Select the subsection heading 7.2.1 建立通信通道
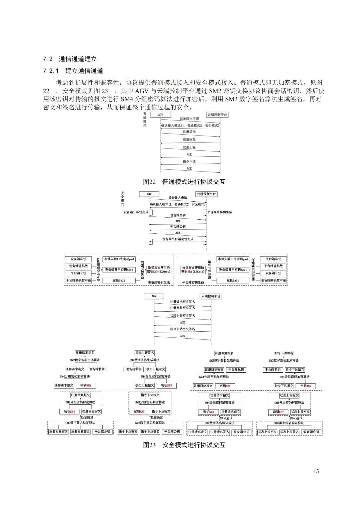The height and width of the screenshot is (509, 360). pyautogui.click(x=73, y=71)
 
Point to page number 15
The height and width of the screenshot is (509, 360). pyautogui.click(x=316, y=471)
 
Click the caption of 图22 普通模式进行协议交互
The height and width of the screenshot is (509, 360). pyautogui.click(x=184, y=182)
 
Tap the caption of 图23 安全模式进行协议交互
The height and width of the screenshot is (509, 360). pyautogui.click(x=184, y=445)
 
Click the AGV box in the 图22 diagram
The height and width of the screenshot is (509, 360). pyautogui.click(x=160, y=114)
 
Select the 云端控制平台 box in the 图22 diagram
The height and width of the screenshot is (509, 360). pyautogui.click(x=217, y=114)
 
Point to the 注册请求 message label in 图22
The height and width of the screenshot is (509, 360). pyautogui.click(x=189, y=132)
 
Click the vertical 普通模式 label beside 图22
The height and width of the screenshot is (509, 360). pyautogui.click(x=145, y=120)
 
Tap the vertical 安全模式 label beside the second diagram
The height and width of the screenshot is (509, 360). pyautogui.click(x=122, y=198)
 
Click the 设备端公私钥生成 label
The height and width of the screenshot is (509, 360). pyautogui.click(x=136, y=212)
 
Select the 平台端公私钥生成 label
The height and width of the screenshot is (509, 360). pyautogui.click(x=220, y=212)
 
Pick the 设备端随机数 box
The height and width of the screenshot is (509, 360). pyautogui.click(x=78, y=266)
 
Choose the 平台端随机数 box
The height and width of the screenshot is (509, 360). pyautogui.click(x=273, y=266)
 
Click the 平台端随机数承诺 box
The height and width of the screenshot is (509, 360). pyautogui.click(x=78, y=280)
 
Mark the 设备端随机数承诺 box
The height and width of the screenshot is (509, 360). pyautogui.click(x=273, y=280)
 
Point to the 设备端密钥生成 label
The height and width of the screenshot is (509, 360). pyautogui.click(x=159, y=282)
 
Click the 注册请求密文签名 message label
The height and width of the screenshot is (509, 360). pyautogui.click(x=182, y=302)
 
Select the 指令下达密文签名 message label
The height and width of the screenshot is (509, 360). pyautogui.click(x=182, y=329)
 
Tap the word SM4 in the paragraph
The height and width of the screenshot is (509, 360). pyautogui.click(x=127, y=99)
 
